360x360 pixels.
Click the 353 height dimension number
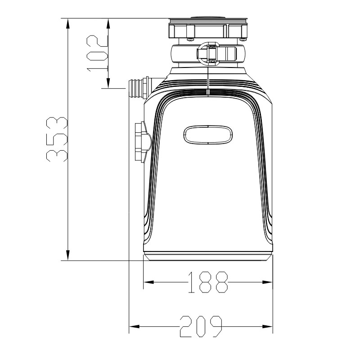(x=57, y=139)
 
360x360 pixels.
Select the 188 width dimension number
(x=208, y=283)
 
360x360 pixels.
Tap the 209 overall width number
(x=201, y=326)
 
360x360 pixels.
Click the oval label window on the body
(x=208, y=135)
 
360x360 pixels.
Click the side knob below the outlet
(x=143, y=142)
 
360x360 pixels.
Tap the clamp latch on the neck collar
(x=209, y=53)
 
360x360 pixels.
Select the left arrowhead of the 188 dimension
(x=148, y=282)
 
